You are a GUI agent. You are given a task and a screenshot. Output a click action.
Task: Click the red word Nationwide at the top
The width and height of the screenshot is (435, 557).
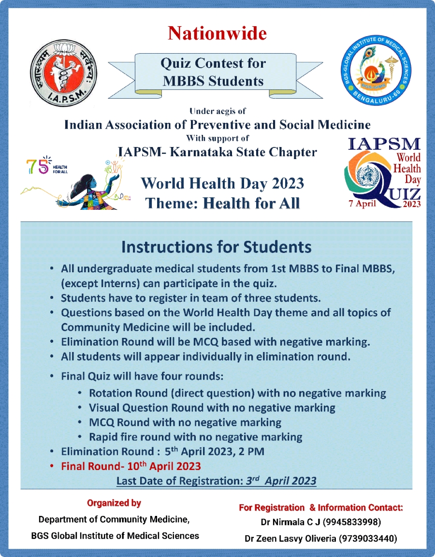click(x=217, y=33)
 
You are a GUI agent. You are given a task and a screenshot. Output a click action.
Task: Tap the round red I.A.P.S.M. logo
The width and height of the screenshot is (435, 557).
click(x=64, y=72)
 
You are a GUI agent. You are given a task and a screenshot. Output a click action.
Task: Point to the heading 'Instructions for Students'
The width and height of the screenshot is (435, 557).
click(x=216, y=247)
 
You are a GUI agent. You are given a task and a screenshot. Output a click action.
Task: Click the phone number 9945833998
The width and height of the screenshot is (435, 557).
click(x=352, y=523)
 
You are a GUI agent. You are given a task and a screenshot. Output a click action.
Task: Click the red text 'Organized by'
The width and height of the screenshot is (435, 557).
click(x=114, y=503)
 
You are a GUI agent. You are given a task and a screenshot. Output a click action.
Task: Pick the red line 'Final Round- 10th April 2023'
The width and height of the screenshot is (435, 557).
click(x=130, y=467)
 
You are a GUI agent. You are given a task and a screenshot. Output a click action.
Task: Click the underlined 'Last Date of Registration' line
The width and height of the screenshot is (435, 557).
click(x=216, y=481)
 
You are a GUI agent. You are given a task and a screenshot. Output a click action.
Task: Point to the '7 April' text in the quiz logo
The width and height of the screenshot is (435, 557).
click(x=365, y=203)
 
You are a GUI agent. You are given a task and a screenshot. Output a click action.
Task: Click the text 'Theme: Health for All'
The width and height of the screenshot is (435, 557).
click(x=223, y=203)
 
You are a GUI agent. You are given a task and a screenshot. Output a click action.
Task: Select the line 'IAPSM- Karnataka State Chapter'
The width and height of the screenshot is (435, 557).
click(x=217, y=152)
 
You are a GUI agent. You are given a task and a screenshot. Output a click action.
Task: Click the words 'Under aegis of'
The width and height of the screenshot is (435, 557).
click(x=217, y=112)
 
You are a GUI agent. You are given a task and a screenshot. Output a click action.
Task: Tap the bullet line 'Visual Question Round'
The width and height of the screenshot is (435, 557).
click(x=212, y=408)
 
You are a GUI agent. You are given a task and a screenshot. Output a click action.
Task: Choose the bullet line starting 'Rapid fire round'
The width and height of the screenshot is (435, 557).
click(x=196, y=437)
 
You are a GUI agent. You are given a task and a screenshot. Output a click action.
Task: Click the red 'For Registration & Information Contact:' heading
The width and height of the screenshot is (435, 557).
click(x=321, y=508)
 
